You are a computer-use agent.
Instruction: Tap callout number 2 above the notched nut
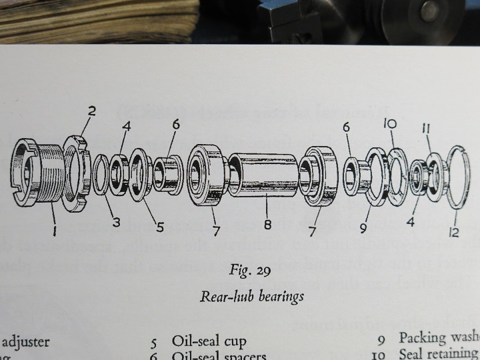pyautogui.click(x=91, y=111)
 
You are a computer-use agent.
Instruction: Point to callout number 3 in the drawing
pyautogui.click(x=116, y=221)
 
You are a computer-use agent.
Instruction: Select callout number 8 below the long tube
pyautogui.click(x=267, y=225)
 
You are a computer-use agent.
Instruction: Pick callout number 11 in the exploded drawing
pyautogui.click(x=426, y=127)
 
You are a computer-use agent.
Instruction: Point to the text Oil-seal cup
pyautogui.click(x=209, y=341)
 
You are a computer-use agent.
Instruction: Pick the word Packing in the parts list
pyautogui.click(x=423, y=339)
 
